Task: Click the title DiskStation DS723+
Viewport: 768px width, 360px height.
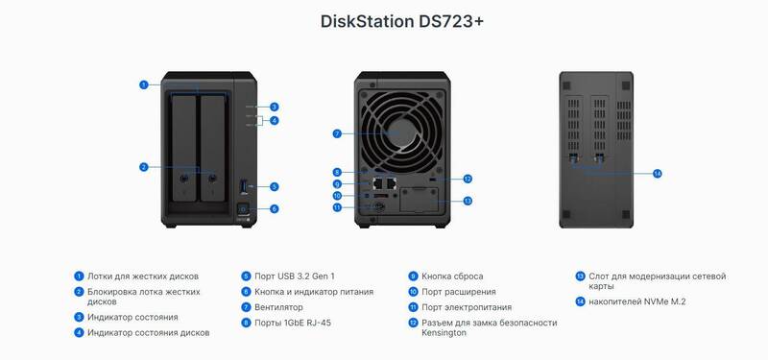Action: coord(402,21)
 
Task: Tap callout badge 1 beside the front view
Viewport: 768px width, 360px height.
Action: coord(143,84)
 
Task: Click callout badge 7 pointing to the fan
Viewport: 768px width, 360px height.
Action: coord(337,133)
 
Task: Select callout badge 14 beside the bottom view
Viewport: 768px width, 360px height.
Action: coord(658,174)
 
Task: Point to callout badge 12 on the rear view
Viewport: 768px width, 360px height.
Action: coord(468,180)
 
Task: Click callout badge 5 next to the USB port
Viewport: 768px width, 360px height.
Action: coord(275,186)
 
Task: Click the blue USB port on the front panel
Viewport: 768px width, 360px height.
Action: coord(244,186)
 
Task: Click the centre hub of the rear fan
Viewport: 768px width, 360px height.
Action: coord(402,132)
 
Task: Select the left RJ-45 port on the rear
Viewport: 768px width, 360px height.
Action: coord(378,182)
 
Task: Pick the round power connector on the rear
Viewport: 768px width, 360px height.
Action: coord(378,207)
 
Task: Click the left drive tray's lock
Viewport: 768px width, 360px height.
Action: coord(183,179)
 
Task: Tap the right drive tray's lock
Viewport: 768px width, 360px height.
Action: coord(212,179)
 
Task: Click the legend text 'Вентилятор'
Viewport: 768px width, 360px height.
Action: coord(278,307)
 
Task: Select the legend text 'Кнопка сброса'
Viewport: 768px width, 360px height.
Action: coord(452,276)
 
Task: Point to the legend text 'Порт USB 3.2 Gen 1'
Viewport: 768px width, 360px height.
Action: coord(295,276)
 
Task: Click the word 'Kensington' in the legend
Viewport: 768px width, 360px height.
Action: coord(444,333)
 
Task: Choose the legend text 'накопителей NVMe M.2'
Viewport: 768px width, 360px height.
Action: coord(637,302)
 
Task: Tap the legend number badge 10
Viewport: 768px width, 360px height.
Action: coord(413,292)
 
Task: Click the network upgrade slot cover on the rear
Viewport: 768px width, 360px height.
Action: coord(419,200)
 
